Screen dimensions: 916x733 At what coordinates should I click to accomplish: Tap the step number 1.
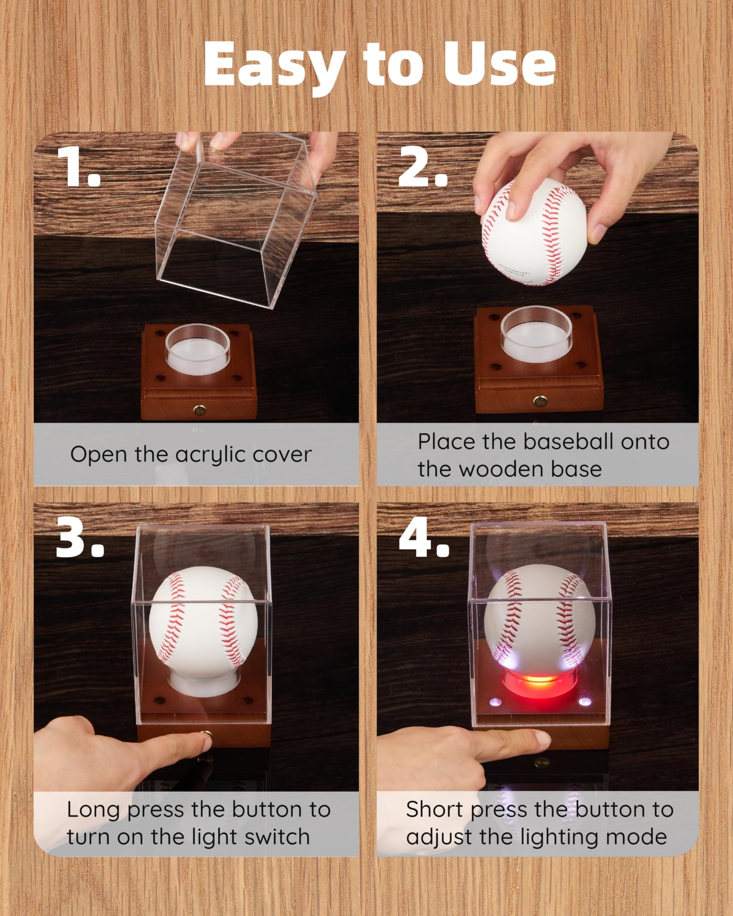click(x=78, y=166)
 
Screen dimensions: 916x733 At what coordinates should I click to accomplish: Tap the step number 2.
click(x=423, y=166)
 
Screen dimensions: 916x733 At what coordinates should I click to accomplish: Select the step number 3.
click(x=79, y=537)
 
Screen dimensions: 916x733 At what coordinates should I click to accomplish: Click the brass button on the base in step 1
click(x=199, y=409)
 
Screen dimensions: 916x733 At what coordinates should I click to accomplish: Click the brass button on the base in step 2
click(x=540, y=401)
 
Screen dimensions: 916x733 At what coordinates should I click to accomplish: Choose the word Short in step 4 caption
click(x=435, y=809)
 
